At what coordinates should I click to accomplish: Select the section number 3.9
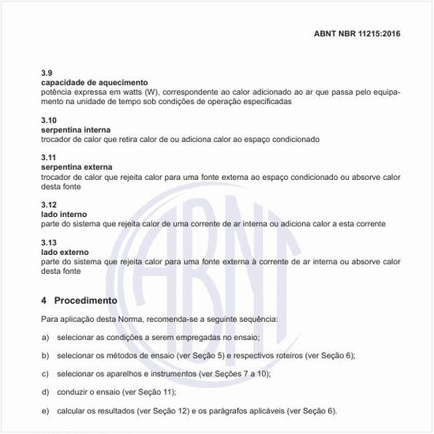pos(47,72)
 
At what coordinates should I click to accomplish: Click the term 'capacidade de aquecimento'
pos(94,82)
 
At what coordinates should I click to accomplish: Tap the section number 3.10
pos(48,119)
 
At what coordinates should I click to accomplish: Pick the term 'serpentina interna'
pos(76,129)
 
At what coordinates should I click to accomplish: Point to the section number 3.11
pos(48,157)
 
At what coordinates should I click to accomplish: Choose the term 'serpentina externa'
pos(77,166)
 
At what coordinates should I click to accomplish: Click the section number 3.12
pos(48,204)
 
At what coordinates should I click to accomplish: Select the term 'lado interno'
pos(64,214)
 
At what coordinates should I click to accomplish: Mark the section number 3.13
pos(48,242)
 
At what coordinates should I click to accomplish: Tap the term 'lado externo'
pos(65,252)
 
